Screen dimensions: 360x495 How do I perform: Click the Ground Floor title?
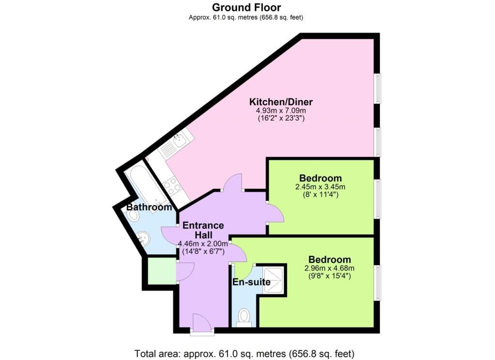click(247, 7)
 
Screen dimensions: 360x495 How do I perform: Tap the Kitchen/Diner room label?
click(281, 102)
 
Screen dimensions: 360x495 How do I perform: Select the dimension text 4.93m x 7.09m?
click(280, 110)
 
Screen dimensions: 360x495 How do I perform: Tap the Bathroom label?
click(149, 207)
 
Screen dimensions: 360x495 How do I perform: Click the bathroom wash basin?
click(143, 238)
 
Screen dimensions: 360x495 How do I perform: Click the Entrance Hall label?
click(203, 230)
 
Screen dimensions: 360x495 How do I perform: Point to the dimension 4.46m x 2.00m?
click(203, 244)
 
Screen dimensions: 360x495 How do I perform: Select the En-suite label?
click(251, 282)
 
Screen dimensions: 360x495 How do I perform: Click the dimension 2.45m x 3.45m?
click(320, 187)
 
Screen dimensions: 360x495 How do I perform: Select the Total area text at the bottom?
click(247, 352)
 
